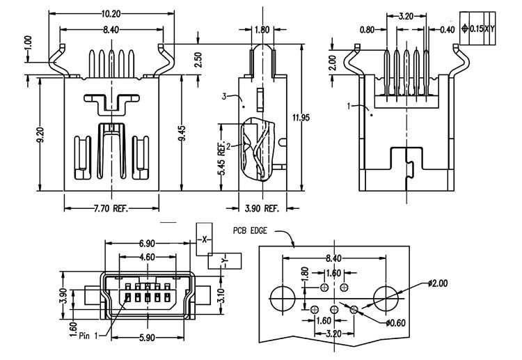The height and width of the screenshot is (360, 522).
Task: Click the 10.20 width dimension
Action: [111, 14]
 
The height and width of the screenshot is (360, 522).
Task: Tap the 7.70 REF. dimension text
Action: [111, 208]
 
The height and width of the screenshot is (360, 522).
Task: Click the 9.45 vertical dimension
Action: [182, 133]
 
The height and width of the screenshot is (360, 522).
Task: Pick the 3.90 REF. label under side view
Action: [262, 208]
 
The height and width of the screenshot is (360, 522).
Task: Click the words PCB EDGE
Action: [250, 230]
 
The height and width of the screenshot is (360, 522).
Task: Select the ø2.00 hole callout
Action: [438, 283]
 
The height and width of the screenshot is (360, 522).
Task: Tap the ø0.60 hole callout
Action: [396, 322]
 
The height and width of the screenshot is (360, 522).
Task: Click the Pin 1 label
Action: [88, 336]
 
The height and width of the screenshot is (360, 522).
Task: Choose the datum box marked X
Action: [204, 239]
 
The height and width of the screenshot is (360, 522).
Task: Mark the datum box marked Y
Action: [225, 260]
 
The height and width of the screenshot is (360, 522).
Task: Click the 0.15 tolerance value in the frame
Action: [476, 29]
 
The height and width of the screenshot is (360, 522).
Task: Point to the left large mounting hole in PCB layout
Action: [283, 299]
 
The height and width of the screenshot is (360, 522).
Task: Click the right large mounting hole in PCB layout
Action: [386, 299]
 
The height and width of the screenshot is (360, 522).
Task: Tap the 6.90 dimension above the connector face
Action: [147, 244]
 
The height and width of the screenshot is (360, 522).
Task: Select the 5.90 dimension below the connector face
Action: [147, 338]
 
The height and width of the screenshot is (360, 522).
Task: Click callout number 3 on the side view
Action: [224, 97]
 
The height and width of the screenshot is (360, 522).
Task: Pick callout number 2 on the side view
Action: [228, 146]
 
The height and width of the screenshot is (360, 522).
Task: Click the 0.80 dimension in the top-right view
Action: [367, 30]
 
